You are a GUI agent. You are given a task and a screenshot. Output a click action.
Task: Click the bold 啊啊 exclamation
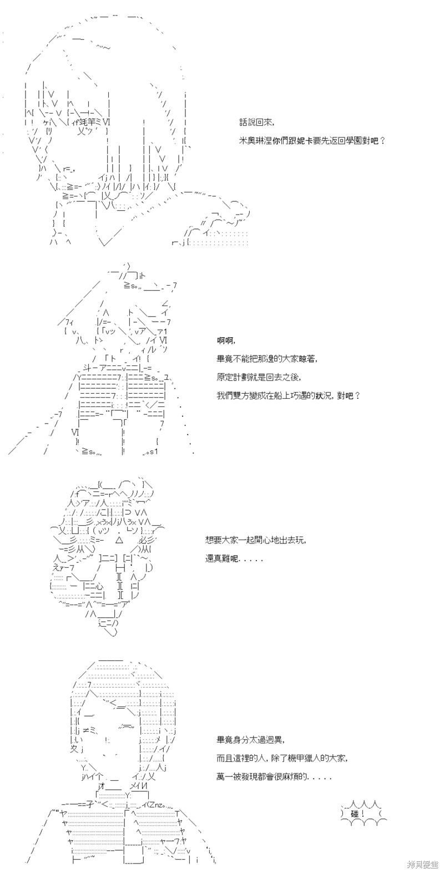[226, 341]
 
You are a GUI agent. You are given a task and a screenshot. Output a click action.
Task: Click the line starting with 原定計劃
[259, 377]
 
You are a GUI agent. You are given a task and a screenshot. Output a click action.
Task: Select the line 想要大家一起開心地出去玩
[256, 540]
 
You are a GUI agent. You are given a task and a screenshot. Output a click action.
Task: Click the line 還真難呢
[234, 558]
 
